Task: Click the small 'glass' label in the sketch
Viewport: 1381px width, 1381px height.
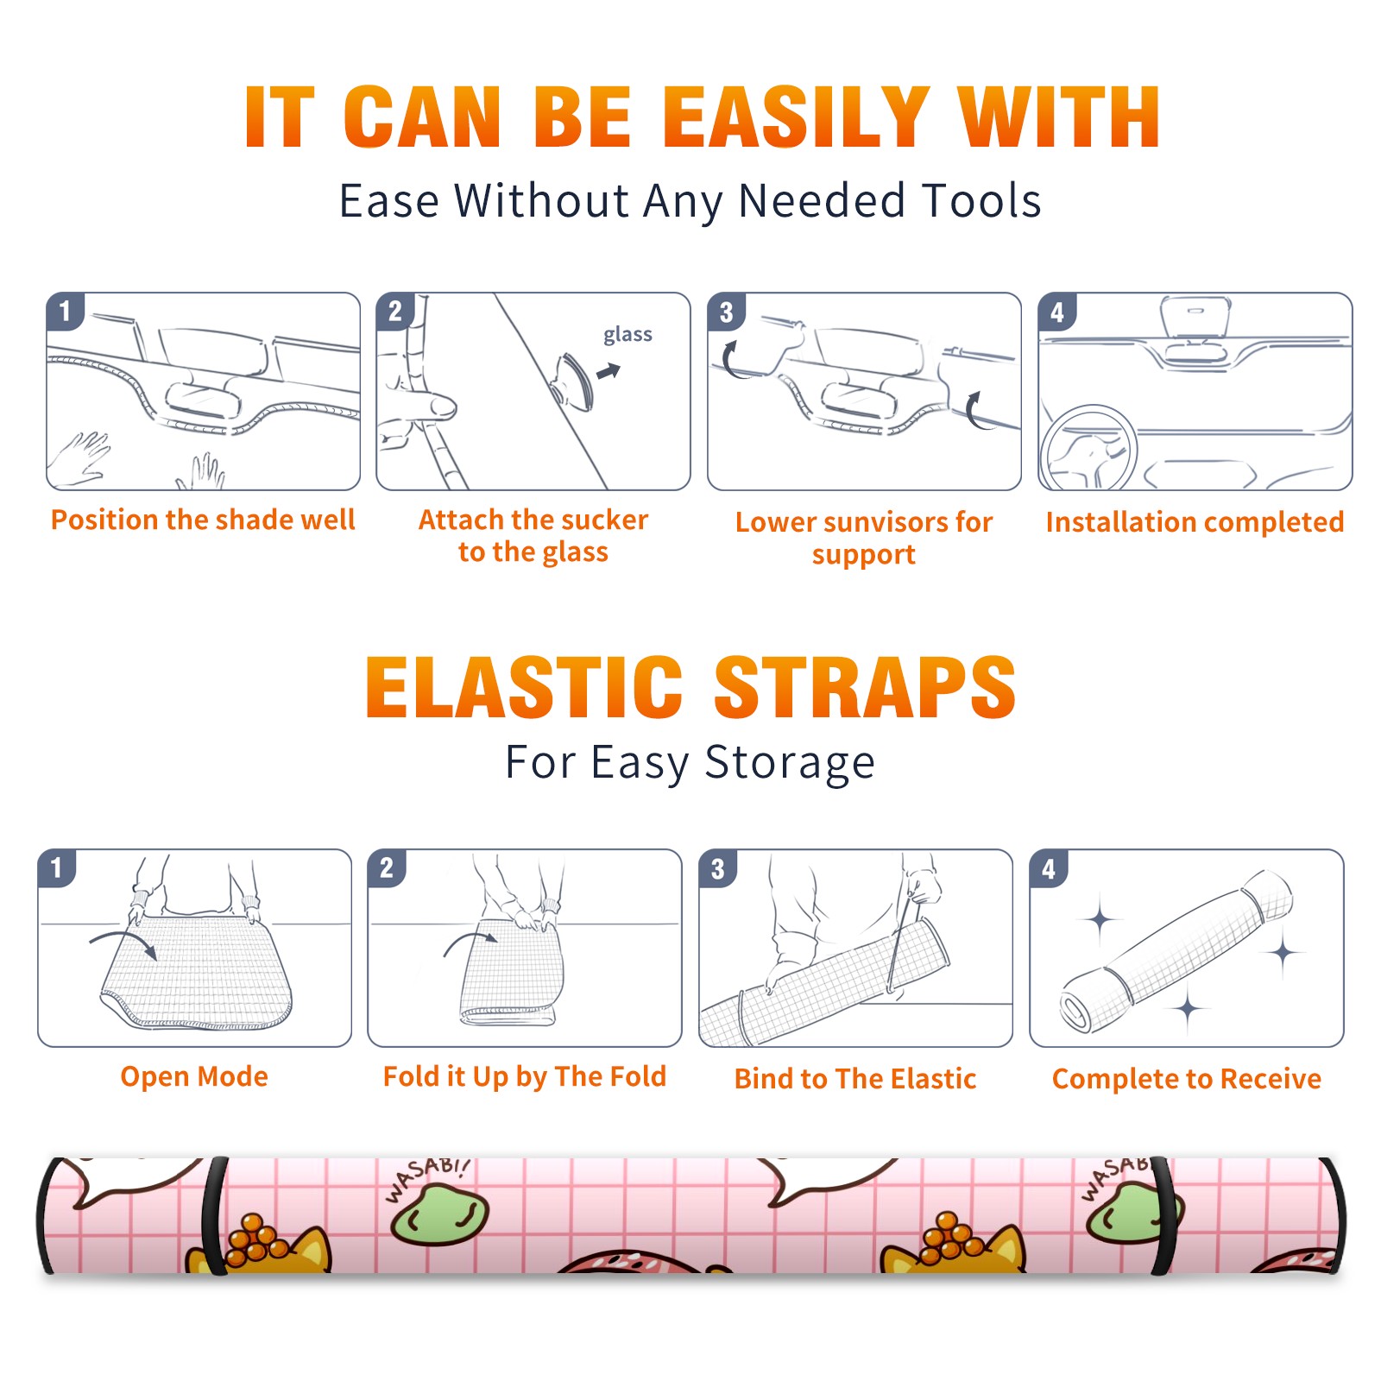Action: pos(627,335)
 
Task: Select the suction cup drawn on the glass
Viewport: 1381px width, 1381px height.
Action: pos(573,380)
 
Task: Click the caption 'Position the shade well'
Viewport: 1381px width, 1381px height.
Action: pos(203,520)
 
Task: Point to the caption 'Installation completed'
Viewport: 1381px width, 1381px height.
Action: pos(1195,521)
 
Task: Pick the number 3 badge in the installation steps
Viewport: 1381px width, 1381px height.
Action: pos(726,312)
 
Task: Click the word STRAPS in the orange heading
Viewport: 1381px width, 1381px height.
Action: pos(865,687)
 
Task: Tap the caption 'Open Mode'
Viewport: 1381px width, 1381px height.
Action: pos(194,1076)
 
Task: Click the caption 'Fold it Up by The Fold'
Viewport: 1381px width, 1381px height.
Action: pos(525,1076)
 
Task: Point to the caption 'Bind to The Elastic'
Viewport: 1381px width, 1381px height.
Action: pos(855,1079)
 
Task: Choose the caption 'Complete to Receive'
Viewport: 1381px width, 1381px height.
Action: pos(1187,1079)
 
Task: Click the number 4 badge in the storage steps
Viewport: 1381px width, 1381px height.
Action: pos(1049,868)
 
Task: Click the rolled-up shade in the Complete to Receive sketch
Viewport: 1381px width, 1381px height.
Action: pos(1176,951)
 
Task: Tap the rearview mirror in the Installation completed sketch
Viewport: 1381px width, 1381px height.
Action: pos(1195,318)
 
